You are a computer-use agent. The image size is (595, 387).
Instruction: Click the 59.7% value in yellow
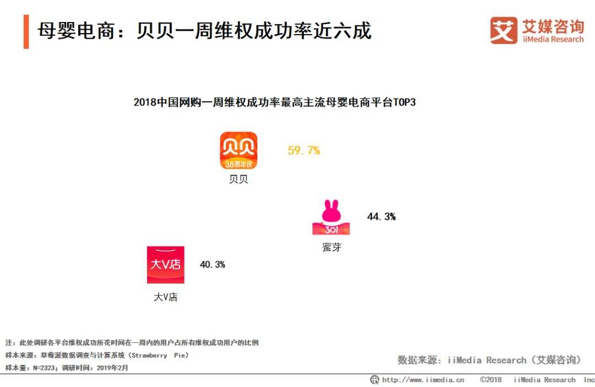(304, 150)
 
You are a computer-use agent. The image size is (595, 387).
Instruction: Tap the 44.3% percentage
(381, 217)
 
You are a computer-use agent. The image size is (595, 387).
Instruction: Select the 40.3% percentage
(212, 265)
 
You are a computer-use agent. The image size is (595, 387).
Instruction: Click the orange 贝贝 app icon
(239, 150)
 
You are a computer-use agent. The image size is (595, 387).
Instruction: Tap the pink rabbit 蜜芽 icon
(331, 217)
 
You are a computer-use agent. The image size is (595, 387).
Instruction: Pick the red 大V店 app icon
(165, 265)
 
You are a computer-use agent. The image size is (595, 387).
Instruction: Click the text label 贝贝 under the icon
(239, 179)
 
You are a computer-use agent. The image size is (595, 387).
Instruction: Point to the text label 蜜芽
(332, 247)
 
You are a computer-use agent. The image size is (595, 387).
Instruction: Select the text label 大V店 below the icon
(165, 297)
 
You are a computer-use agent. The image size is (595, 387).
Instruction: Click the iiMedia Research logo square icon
(504, 30)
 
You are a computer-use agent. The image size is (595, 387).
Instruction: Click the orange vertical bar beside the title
(26, 31)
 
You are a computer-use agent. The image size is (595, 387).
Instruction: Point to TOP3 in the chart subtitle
(403, 102)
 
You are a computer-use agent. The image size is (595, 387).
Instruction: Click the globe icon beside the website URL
(374, 380)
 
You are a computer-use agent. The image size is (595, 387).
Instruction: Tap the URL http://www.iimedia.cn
(423, 380)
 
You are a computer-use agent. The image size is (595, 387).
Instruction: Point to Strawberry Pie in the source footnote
(160, 356)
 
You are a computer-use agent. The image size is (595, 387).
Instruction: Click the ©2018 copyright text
(490, 380)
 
